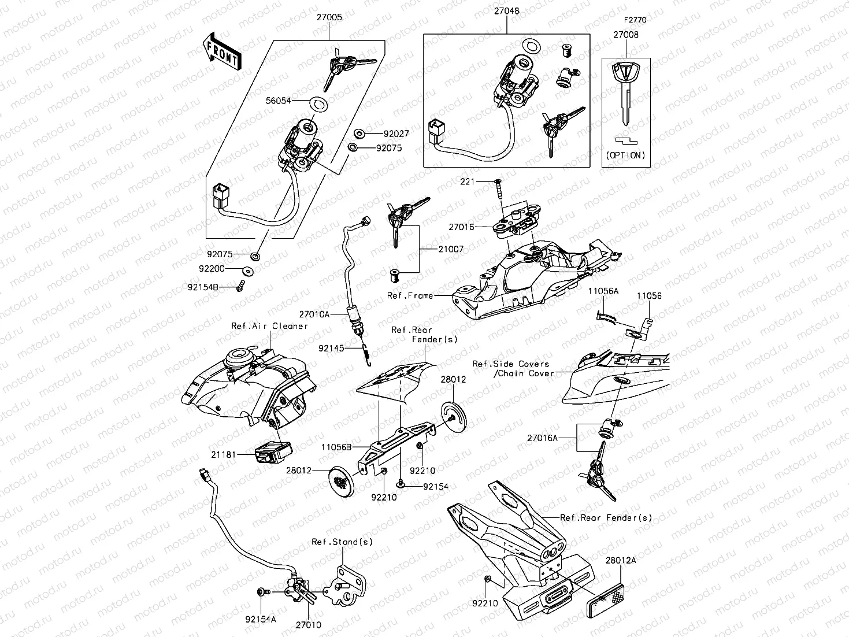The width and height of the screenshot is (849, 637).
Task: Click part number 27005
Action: click(328, 17)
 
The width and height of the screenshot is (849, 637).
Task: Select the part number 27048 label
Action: click(506, 11)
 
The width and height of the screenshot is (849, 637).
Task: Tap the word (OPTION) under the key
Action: click(626, 155)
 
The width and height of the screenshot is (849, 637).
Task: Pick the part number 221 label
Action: click(467, 182)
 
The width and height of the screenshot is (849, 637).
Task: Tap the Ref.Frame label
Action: click(410, 295)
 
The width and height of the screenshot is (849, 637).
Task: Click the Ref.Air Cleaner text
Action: click(269, 326)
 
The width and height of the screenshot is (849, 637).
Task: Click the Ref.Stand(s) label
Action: click(342, 542)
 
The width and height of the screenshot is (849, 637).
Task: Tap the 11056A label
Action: click(603, 291)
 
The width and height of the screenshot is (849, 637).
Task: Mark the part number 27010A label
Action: click(314, 314)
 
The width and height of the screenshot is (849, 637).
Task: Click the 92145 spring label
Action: click(331, 348)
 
